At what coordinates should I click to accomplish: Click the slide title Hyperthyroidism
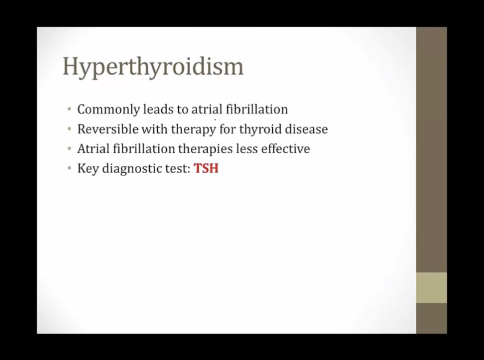tap(153, 67)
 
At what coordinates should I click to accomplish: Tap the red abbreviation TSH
tap(206, 168)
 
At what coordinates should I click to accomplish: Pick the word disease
tap(306, 129)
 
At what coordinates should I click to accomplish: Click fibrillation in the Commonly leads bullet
tap(256, 109)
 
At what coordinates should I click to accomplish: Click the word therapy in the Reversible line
tap(193, 130)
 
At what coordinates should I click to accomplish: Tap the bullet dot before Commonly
tap(69, 109)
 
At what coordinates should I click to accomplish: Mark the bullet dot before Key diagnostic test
tap(69, 169)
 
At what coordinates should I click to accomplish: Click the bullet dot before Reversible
tap(69, 129)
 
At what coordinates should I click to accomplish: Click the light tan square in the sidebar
tap(432, 288)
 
